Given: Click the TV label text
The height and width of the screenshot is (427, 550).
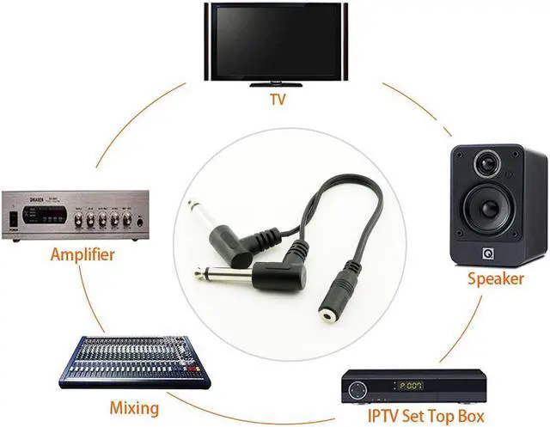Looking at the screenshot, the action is [277, 100].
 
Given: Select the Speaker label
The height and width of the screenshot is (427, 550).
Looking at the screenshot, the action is [495, 278].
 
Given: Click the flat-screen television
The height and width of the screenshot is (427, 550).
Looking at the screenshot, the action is [275, 41].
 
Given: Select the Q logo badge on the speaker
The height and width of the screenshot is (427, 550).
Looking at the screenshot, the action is [488, 253].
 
